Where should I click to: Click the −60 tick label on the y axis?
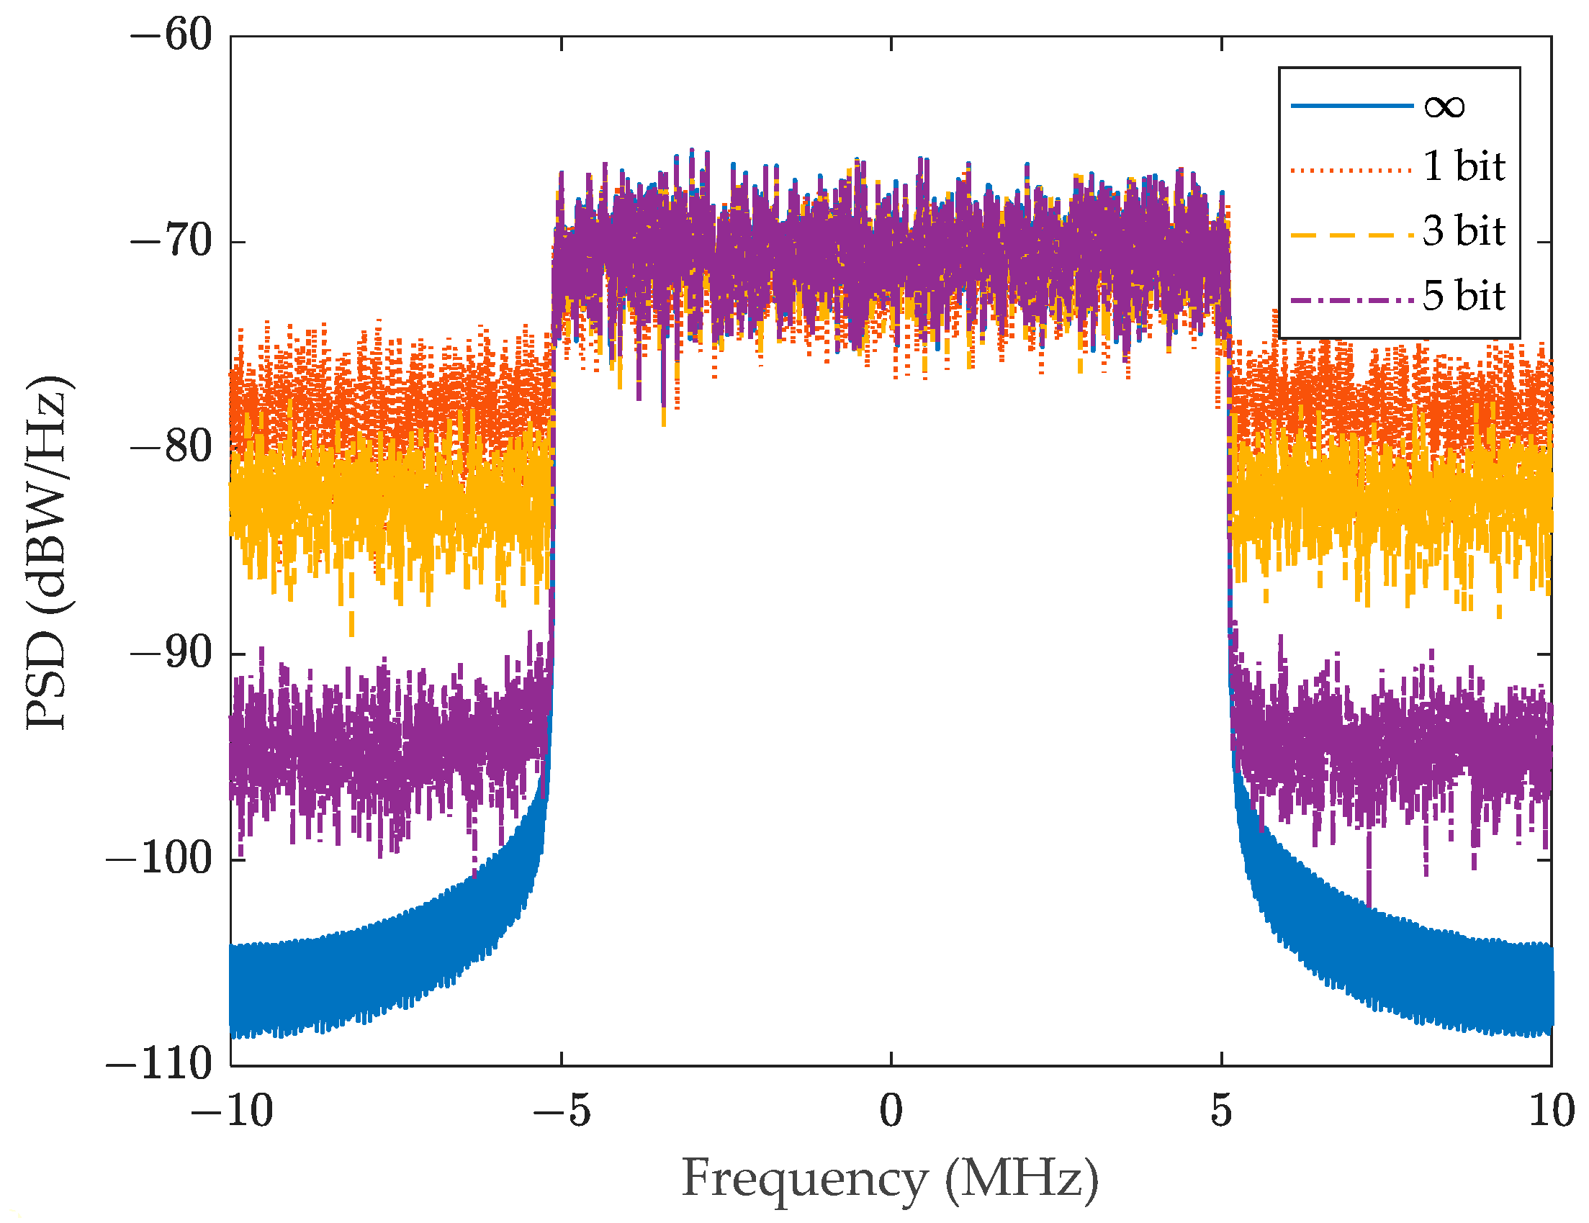tap(171, 35)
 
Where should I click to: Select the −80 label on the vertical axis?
tap(171, 447)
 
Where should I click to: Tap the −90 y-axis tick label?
tap(171, 654)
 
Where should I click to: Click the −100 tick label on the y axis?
tap(158, 859)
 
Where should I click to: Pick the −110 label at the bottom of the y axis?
tap(158, 1065)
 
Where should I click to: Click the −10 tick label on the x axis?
tap(231, 1111)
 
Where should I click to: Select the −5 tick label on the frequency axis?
tap(561, 1111)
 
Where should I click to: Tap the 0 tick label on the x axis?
tap(891, 1111)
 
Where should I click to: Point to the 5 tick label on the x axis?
tap(1221, 1111)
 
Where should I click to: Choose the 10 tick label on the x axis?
tap(1551, 1111)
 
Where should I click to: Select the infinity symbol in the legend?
tap(1444, 107)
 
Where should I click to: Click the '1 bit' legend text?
tap(1463, 166)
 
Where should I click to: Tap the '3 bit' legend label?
tap(1463, 231)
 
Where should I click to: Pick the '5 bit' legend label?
tap(1463, 296)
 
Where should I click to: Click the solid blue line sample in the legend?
tap(1351, 107)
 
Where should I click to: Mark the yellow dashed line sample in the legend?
tap(1351, 235)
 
